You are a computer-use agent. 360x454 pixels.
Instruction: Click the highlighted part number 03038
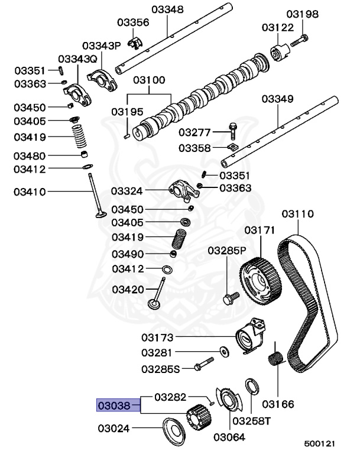[x=118, y=406]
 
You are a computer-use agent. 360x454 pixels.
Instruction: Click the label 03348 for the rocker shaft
[x=167, y=9]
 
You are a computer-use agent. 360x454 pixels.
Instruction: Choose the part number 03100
[x=148, y=80]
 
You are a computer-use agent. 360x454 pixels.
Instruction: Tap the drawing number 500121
[x=320, y=443]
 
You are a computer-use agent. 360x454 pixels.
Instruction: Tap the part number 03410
[x=30, y=192]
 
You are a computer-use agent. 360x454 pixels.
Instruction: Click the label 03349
[x=277, y=99]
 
